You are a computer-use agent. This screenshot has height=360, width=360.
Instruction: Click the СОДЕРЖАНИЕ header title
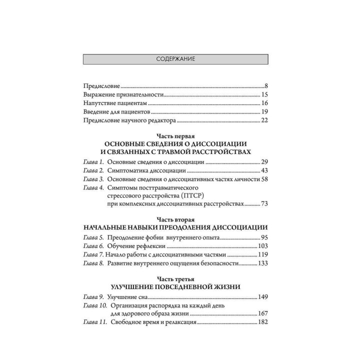click(x=175, y=59)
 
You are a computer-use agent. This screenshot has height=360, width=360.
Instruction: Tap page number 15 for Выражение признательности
click(x=265, y=94)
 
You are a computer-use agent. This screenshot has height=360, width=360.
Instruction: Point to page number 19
click(x=265, y=111)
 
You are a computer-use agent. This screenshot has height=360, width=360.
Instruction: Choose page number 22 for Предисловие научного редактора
click(x=265, y=120)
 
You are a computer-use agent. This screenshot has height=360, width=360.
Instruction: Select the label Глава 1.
click(x=93, y=163)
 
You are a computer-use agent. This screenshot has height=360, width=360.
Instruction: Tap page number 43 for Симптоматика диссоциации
click(x=265, y=171)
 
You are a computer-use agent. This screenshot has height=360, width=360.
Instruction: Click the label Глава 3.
click(x=93, y=179)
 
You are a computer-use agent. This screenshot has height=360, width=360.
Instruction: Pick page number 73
click(x=265, y=204)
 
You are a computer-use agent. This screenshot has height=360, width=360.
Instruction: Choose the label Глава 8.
click(x=93, y=263)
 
